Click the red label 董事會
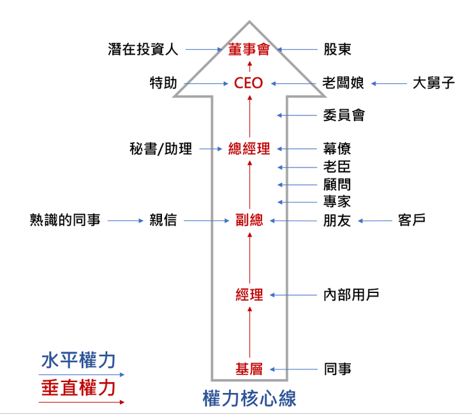pyautogui.click(x=249, y=49)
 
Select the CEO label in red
pyautogui.click(x=249, y=83)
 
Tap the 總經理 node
pyautogui.click(x=249, y=149)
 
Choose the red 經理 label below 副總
pyautogui.click(x=249, y=295)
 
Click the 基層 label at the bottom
pyautogui.click(x=249, y=369)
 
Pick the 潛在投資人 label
pyautogui.click(x=144, y=49)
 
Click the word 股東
pyautogui.click(x=337, y=49)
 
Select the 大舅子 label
pyautogui.click(x=434, y=83)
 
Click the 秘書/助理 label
pyautogui.click(x=160, y=149)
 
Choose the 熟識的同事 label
pyautogui.click(x=65, y=221)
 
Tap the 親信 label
pyautogui.click(x=163, y=221)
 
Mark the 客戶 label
pyautogui.click(x=411, y=221)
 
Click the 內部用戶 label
pyautogui.click(x=351, y=295)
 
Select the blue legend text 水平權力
pyautogui.click(x=78, y=360)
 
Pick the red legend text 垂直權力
pyautogui.click(x=78, y=389)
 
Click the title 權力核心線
pyautogui.click(x=249, y=399)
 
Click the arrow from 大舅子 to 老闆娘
pyautogui.click(x=388, y=83)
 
